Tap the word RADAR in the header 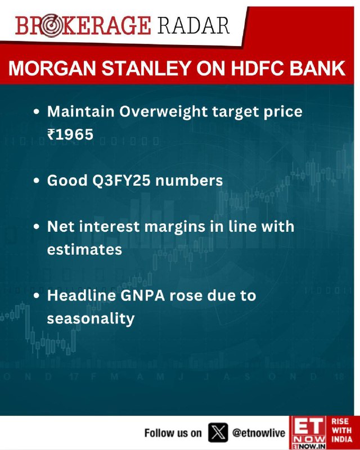193,26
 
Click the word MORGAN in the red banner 52,69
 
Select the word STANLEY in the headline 146,69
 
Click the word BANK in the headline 317,69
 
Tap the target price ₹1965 70,134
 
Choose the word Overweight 163,112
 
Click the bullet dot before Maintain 36,112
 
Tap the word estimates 84,250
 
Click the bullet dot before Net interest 36,227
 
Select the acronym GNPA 143,296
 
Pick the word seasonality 91,319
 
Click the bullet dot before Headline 36,296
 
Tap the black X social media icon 218,433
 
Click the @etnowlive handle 259,433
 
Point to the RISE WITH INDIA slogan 341,430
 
